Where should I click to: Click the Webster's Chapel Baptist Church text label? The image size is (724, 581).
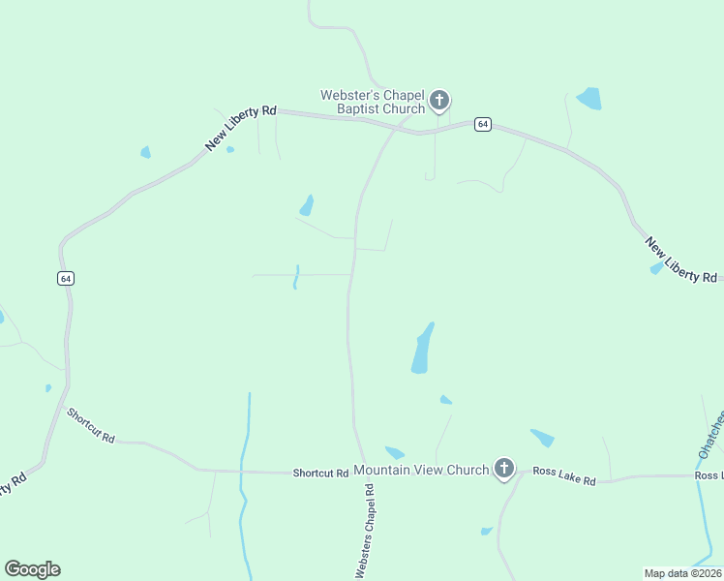point(373,102)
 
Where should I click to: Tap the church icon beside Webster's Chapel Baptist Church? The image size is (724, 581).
point(439,100)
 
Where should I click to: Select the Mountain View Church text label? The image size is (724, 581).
point(421,471)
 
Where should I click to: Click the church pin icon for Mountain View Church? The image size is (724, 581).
point(503,470)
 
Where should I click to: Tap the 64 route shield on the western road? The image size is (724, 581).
point(65,278)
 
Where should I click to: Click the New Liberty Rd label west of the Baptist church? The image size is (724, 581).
point(241,128)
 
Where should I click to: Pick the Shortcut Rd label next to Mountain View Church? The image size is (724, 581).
point(320,474)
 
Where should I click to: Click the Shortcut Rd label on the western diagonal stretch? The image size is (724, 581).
point(91,425)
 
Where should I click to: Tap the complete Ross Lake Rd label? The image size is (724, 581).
point(563,476)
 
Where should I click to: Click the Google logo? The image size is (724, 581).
point(32,569)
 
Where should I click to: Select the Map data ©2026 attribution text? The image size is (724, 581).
point(683,573)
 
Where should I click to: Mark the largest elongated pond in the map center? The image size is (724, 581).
point(422,350)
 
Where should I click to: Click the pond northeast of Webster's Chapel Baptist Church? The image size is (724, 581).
point(589,98)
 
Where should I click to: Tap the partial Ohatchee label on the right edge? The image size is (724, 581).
point(711,436)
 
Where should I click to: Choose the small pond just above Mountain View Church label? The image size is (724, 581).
point(394,452)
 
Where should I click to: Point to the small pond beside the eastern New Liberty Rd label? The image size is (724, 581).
point(657,267)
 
